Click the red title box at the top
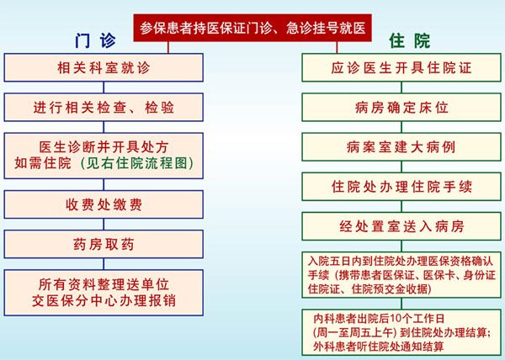tap(252, 28)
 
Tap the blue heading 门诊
tap(95, 41)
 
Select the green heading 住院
tap(409, 41)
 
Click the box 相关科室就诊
tap(104, 67)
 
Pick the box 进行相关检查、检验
tap(104, 107)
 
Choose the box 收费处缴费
tap(104, 204)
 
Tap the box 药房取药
tap(104, 244)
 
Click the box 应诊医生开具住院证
tap(401, 67)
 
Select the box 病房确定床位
tap(401, 107)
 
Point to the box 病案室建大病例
tap(401, 147)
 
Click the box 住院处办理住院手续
tap(401, 187)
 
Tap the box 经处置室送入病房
tap(401, 226)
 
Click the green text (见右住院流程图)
tap(137, 163)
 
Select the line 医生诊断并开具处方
tap(104, 147)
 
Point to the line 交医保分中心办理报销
tap(104, 301)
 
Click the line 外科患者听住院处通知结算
tap(379, 347)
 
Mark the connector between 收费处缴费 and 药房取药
tap(104, 225)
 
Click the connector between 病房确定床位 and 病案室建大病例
tap(401, 127)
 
